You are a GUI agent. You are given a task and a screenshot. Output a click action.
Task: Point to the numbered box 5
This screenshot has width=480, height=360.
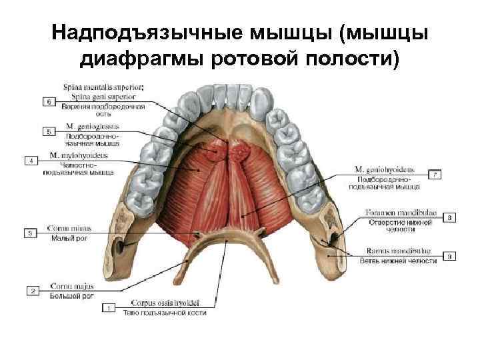tap(48, 131)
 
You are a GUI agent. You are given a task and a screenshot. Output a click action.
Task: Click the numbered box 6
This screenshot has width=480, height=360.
tap(48, 101)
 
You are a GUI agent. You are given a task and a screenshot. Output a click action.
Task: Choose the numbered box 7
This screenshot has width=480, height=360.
tap(435, 175)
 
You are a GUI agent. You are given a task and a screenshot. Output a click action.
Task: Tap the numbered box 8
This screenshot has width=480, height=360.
tap(450, 217)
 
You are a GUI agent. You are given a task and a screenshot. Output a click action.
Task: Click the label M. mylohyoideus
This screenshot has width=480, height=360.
tap(78, 155)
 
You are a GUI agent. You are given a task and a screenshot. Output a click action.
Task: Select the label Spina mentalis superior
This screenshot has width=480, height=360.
tap(103, 87)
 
